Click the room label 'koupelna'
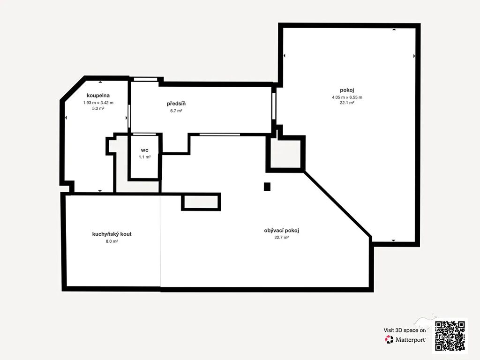(x=98, y=96)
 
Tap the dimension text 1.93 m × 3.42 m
(x=98, y=103)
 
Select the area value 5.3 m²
(x=98, y=108)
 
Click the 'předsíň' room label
(x=176, y=104)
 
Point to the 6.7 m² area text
(x=176, y=111)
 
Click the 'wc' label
(x=144, y=150)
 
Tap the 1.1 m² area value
(x=144, y=157)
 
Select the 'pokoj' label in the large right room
(x=347, y=90)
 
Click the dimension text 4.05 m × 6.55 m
(x=347, y=97)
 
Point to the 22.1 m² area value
(x=347, y=103)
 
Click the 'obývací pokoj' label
(x=281, y=231)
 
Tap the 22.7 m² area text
(x=281, y=237)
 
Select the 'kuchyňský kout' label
(x=112, y=234)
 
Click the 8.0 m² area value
(x=112, y=241)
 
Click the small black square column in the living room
(x=267, y=187)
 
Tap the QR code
(x=450, y=336)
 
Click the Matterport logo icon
(x=389, y=339)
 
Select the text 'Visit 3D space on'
(x=405, y=330)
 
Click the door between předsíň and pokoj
(x=274, y=106)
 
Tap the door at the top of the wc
(x=144, y=135)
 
